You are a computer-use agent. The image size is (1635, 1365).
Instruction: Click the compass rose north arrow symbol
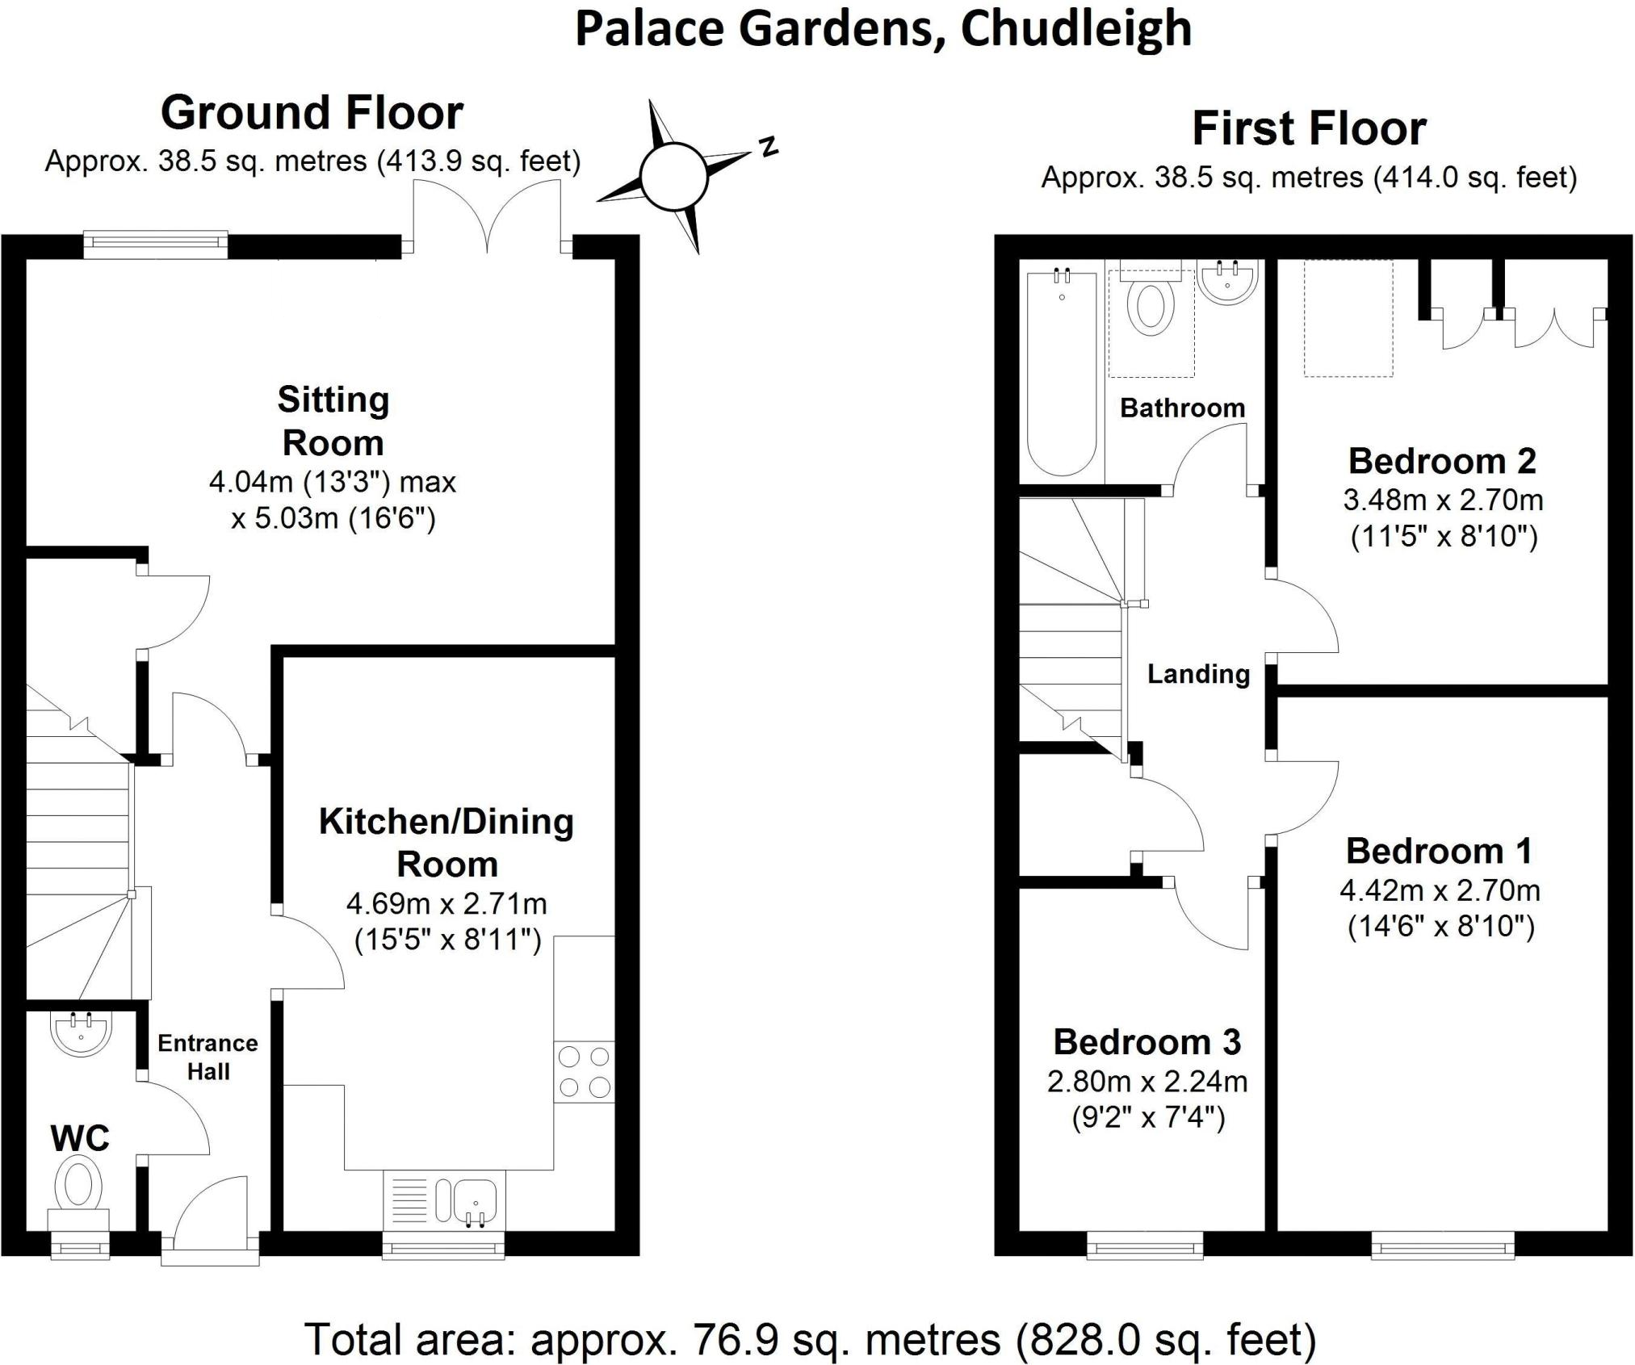(674, 175)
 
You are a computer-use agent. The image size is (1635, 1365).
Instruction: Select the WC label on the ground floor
(80, 1138)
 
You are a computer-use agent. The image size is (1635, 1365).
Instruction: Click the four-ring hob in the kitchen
(584, 1072)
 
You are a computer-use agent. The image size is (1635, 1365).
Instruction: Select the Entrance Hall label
(208, 1057)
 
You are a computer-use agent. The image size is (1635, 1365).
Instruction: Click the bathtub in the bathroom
(1061, 373)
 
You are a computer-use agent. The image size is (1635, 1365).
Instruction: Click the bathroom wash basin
(1227, 283)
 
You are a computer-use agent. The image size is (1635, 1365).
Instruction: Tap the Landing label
(1198, 674)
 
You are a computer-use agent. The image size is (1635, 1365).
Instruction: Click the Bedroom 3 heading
(1147, 1042)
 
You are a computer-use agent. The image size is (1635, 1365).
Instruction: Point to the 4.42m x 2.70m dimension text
(1440, 890)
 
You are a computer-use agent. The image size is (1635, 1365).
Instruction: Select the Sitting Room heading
(333, 421)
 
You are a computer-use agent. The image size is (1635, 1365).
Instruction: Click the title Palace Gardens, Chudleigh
(883, 29)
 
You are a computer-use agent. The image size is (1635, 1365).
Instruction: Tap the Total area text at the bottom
(810, 1339)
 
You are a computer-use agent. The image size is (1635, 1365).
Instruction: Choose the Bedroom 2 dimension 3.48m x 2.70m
(1443, 500)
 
